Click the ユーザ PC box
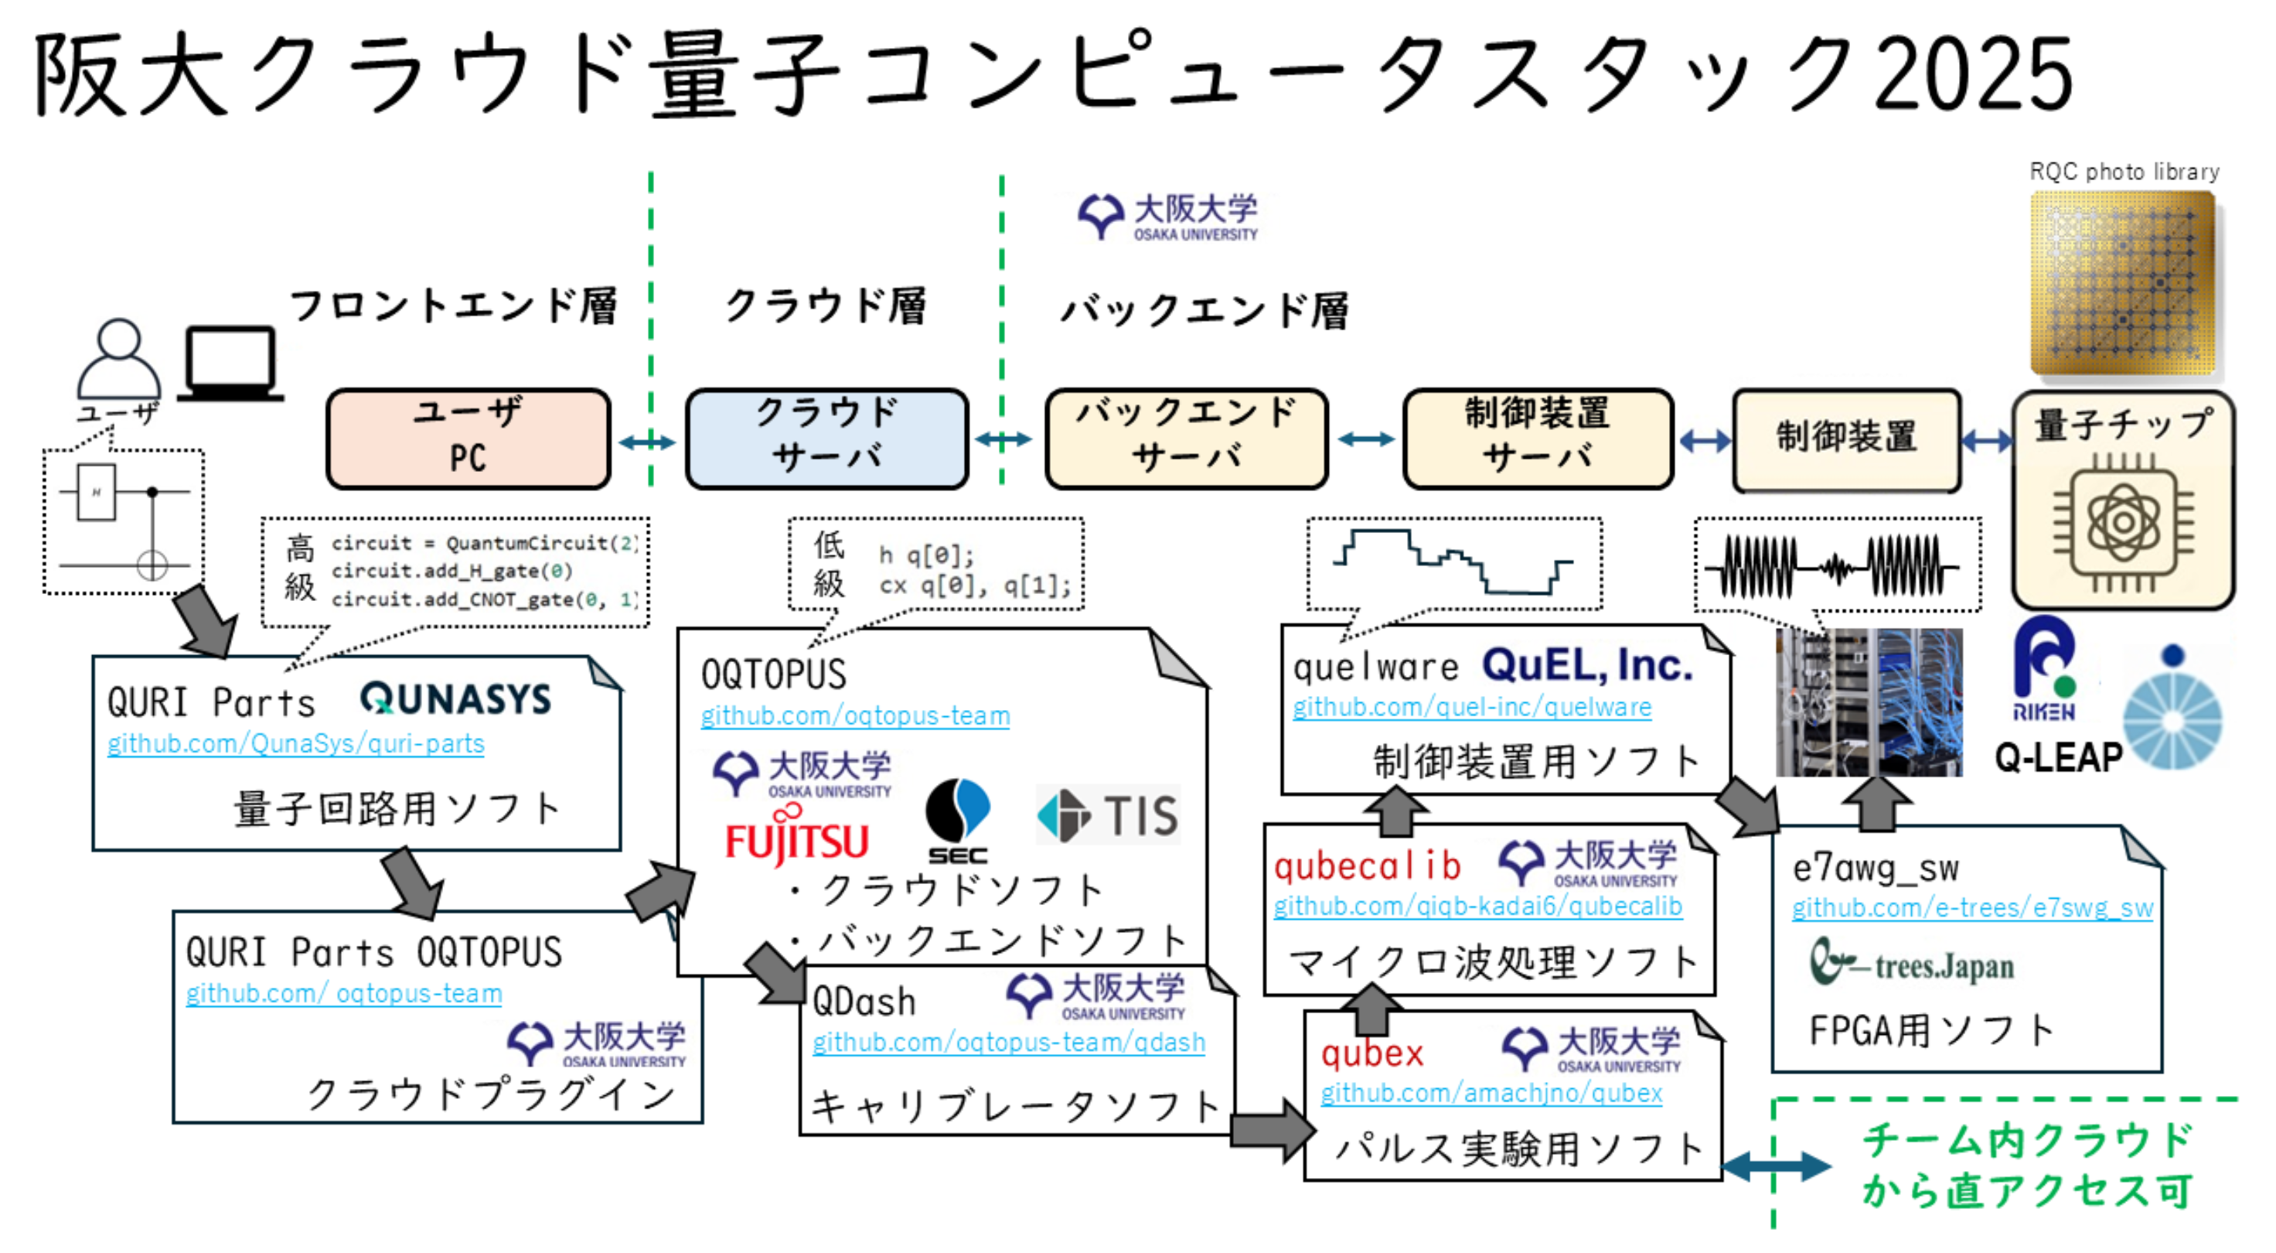tap(468, 439)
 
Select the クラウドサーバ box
tap(827, 439)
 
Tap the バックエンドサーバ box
tap(1187, 439)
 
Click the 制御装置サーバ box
tap(1538, 439)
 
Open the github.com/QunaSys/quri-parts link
tap(296, 744)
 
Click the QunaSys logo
tap(455, 699)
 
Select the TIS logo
tap(1109, 814)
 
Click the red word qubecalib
tap(1367, 866)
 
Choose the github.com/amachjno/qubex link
tap(1491, 1093)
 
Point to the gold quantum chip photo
tap(2122, 283)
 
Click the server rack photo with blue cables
tap(1869, 702)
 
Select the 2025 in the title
tap(1972, 75)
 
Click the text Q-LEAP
tap(2058, 758)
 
